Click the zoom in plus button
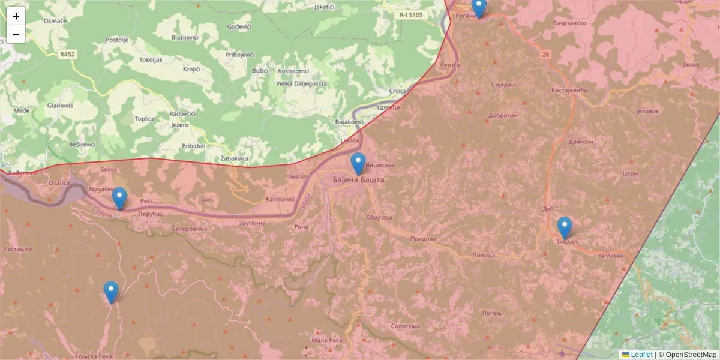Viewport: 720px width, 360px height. [16, 16]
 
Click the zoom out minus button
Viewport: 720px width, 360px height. [16, 34]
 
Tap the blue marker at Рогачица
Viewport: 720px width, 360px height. [478, 7]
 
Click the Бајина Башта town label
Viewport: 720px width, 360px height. [358, 179]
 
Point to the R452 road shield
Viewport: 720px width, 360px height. [67, 54]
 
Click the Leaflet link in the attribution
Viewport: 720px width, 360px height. [641, 355]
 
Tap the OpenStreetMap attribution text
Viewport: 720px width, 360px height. [691, 355]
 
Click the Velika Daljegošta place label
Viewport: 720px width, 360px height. [301, 83]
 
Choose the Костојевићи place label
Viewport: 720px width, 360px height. [569, 91]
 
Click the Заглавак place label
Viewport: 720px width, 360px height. [611, 255]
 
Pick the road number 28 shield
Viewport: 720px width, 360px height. [545, 55]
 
